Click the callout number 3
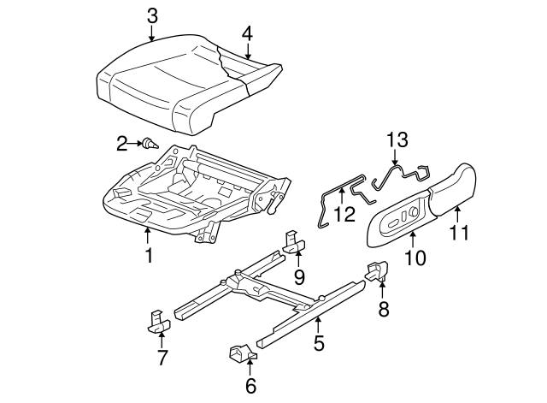click(151, 15)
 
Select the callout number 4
click(247, 33)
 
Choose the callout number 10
click(415, 258)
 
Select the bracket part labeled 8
click(377, 270)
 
